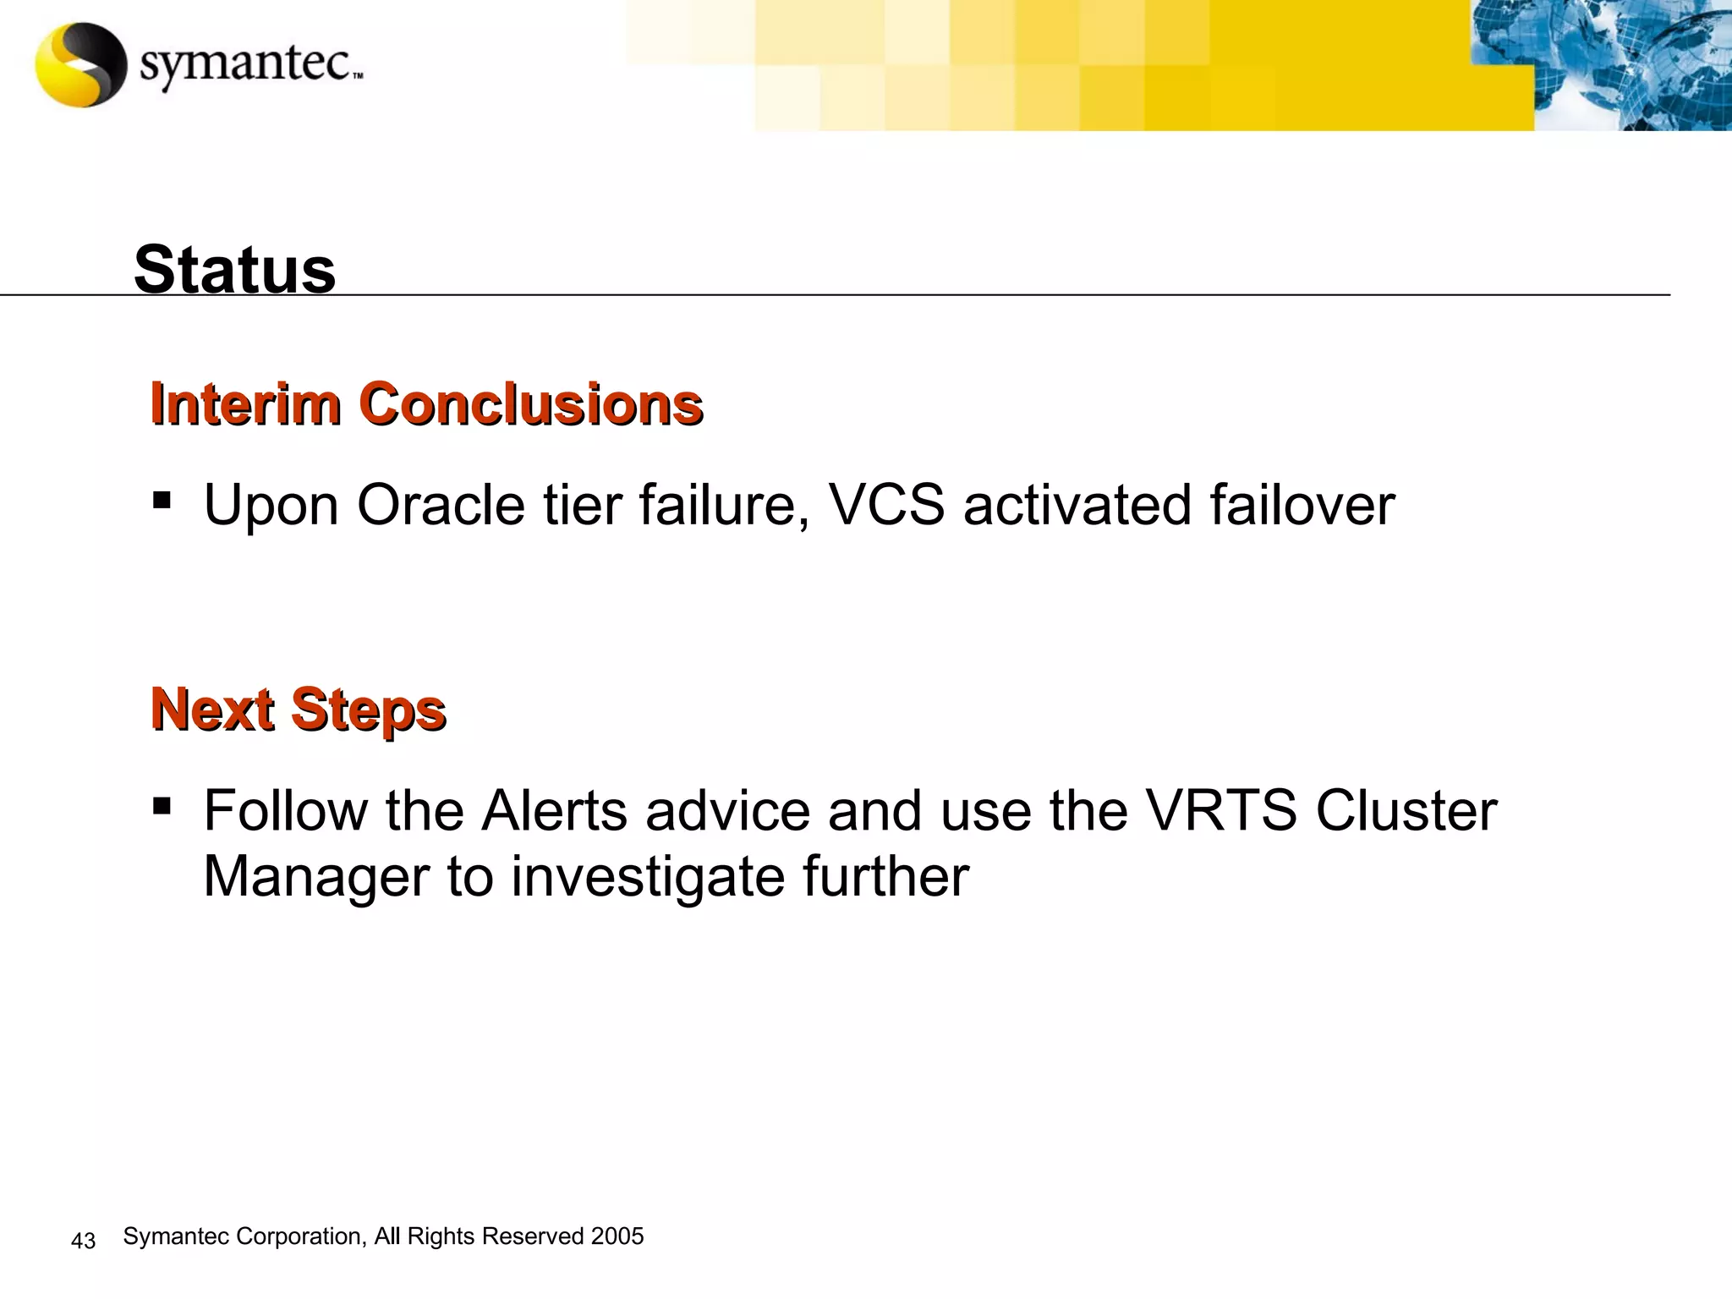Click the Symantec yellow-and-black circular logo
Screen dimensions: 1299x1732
[80, 65]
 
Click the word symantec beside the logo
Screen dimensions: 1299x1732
[245, 65]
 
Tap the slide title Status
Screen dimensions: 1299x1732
[234, 270]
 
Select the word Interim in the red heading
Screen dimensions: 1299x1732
[245, 403]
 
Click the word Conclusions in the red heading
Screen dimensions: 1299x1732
[533, 403]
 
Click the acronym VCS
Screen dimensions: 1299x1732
[886, 505]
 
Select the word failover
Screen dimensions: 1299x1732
[1302, 505]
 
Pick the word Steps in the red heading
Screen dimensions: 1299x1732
[368, 710]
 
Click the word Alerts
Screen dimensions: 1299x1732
[554, 811]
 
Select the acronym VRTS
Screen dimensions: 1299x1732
[1220, 811]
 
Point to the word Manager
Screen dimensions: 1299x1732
[315, 878]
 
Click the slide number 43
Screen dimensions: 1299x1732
[83, 1241]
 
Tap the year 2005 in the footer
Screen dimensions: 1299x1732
[617, 1236]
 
